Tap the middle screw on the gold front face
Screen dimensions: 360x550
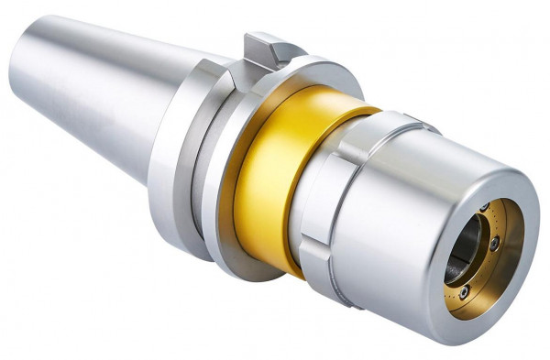(496, 245)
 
